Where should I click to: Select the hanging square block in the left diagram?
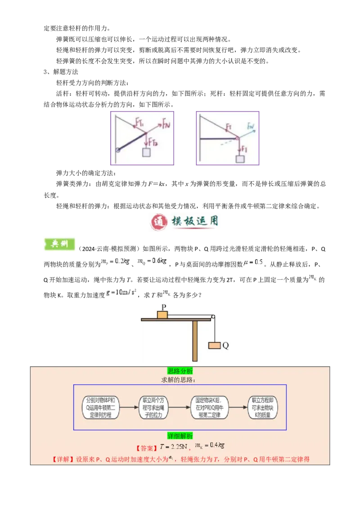coord(147,152)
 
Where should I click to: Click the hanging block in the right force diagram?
coord(240,159)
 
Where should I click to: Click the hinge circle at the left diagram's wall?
coord(117,150)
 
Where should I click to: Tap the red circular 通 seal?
coord(158,222)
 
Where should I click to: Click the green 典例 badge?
coord(58,243)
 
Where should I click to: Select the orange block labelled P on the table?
coord(162,314)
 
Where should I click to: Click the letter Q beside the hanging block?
coord(226,345)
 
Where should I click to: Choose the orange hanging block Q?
coord(214,345)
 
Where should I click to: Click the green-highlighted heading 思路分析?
coord(180,371)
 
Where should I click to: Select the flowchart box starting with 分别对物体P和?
coord(101,407)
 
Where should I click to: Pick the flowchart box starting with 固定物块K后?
coord(209,407)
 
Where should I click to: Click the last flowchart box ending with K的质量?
coord(263,407)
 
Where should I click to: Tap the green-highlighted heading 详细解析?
coord(180,436)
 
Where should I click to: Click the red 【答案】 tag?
coord(147,448)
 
